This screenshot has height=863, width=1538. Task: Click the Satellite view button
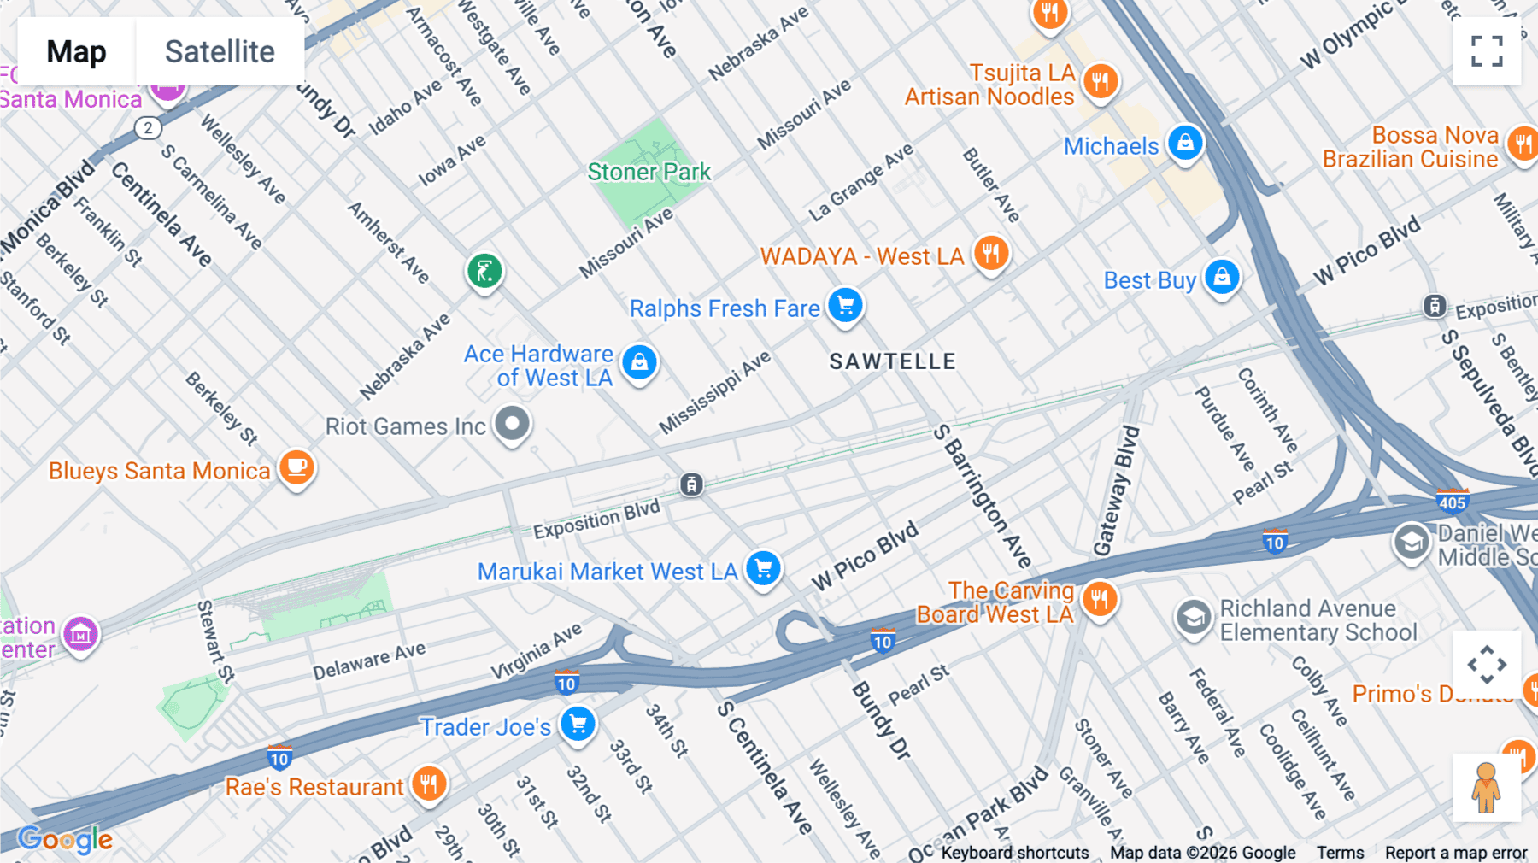click(x=220, y=51)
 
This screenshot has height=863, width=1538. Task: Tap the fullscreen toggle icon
click(x=1487, y=51)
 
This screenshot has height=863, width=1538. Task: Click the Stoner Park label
click(x=649, y=172)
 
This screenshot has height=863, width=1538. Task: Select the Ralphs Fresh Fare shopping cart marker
click(x=845, y=305)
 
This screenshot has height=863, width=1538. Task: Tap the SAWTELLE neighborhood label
click(x=892, y=361)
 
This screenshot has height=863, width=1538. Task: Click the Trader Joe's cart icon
click(x=578, y=724)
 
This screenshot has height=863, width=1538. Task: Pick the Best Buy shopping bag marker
click(x=1222, y=277)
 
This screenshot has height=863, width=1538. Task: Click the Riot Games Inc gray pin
click(x=513, y=423)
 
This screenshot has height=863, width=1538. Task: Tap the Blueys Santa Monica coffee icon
click(x=296, y=467)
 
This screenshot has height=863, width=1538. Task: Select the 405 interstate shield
click(x=1452, y=502)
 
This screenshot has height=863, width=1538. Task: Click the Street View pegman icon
click(x=1486, y=787)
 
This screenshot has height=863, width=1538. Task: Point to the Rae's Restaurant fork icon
click(x=429, y=783)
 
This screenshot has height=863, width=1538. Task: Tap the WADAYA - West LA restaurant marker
click(x=991, y=253)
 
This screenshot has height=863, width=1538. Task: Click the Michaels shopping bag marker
click(x=1185, y=143)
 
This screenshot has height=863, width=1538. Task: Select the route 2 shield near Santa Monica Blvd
click(x=148, y=128)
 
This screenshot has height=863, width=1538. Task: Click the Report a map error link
click(x=1455, y=853)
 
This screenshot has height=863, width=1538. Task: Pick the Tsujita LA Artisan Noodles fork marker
click(x=1101, y=81)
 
